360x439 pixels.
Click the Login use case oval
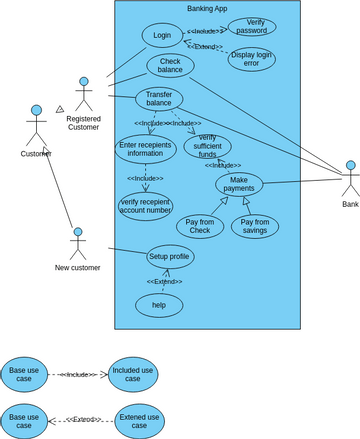click(x=162, y=35)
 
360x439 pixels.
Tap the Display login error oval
click(x=251, y=59)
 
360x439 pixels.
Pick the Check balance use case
click(x=170, y=66)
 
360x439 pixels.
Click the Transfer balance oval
click(x=159, y=99)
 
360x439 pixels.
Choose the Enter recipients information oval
click(x=145, y=149)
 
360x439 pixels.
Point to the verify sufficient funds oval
click(x=207, y=146)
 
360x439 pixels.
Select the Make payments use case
click(x=239, y=184)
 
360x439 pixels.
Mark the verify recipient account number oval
click(x=145, y=205)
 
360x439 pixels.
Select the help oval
click(x=159, y=305)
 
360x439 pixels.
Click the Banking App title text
click(x=207, y=8)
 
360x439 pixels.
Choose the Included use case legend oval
click(x=133, y=374)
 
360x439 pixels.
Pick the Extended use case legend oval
click(x=139, y=420)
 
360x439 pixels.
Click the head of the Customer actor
click(x=36, y=110)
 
